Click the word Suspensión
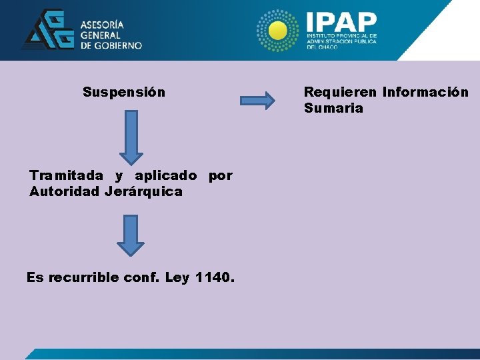[124, 92]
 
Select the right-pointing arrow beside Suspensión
[257, 101]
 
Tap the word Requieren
[340, 92]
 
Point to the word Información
[425, 92]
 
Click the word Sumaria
[333, 108]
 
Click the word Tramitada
[66, 176]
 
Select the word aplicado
[166, 176]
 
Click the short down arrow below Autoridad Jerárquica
[131, 235]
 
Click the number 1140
[215, 277]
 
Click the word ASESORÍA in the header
[103, 25]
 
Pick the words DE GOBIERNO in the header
[111, 45]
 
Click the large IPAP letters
[340, 20]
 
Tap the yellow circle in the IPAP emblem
[279, 30]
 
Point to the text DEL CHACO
[323, 47]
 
